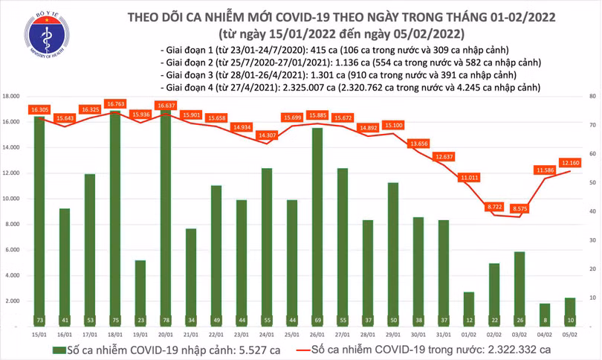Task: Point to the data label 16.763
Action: tap(115, 104)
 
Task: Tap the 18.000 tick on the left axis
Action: tap(10, 97)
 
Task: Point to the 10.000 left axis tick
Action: tap(10, 199)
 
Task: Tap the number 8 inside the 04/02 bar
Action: tap(546, 320)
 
